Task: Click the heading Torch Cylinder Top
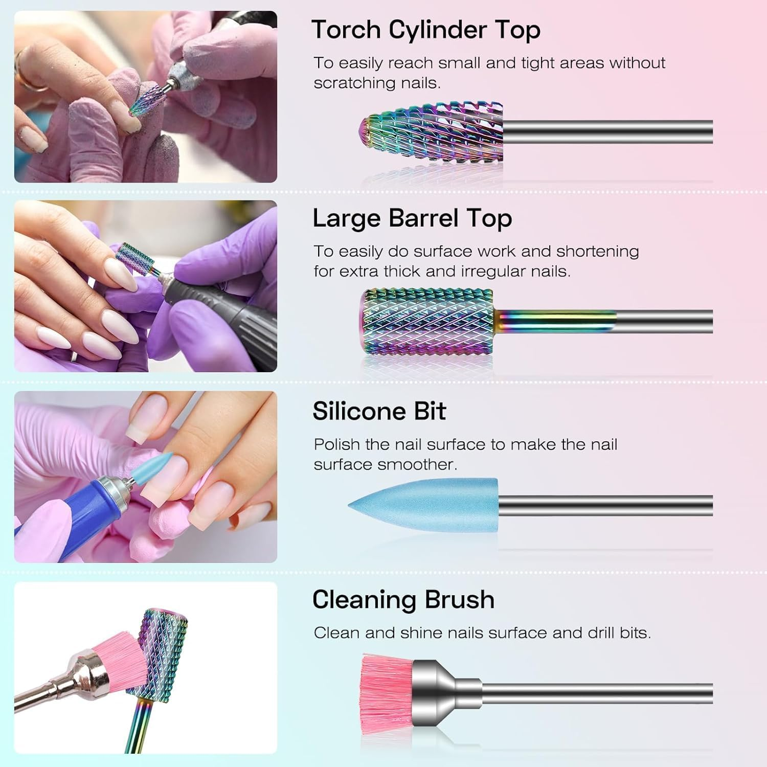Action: [x=425, y=30]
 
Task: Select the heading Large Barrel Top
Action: [x=412, y=218]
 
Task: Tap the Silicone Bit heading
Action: [x=379, y=411]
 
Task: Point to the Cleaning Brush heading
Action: [x=403, y=600]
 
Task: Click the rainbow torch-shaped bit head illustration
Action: [x=432, y=132]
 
